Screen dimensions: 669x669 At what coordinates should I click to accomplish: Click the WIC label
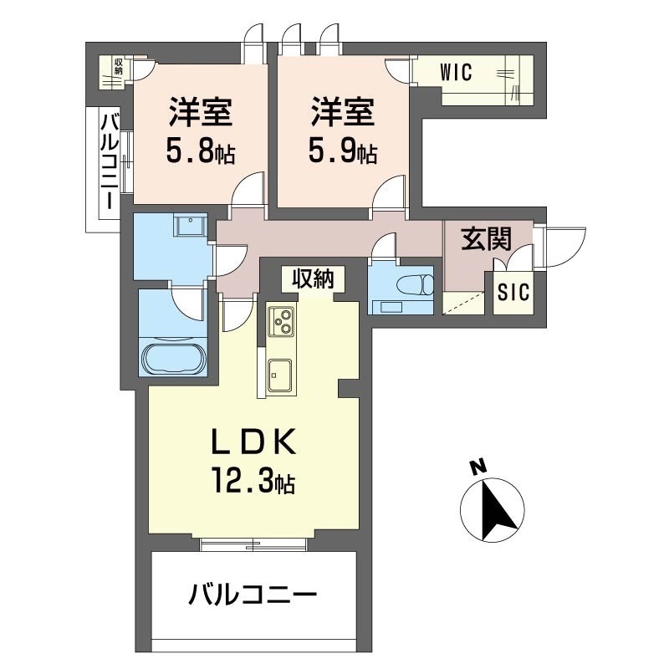pos(456,72)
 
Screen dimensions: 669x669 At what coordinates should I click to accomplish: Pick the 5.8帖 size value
pos(200,153)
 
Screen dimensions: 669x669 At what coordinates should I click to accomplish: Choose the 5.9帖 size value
pos(343,153)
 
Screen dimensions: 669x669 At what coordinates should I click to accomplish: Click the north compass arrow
pos(493,508)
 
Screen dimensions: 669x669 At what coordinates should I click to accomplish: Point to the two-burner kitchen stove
pos(281,321)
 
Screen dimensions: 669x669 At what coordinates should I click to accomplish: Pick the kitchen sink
pos(278,375)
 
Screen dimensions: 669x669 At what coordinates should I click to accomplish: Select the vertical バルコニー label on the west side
pos(108,162)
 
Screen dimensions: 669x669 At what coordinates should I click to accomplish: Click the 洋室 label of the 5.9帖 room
pos(343,111)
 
